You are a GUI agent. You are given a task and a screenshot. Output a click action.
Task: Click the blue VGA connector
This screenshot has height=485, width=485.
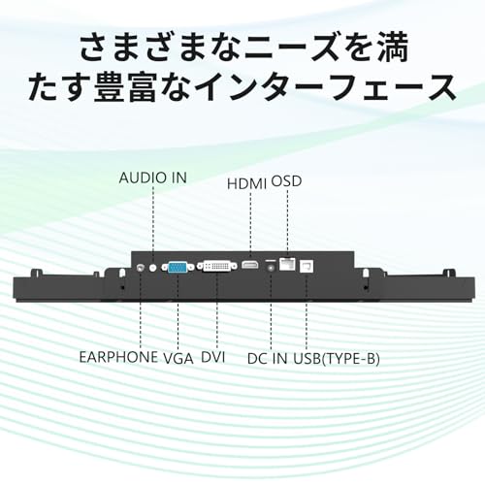(x=178, y=268)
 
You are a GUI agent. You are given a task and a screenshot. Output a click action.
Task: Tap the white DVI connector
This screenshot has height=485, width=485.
(x=217, y=267)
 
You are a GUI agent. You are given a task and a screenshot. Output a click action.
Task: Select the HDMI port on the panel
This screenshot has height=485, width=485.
(x=250, y=265)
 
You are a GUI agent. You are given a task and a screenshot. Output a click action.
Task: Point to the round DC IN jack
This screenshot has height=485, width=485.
(x=271, y=267)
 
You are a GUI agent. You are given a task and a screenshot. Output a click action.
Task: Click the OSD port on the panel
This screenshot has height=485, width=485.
(x=287, y=264)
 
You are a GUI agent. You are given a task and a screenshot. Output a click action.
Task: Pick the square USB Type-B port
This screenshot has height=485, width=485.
(x=307, y=266)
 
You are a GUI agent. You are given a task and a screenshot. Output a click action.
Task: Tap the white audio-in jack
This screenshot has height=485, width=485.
(x=153, y=268)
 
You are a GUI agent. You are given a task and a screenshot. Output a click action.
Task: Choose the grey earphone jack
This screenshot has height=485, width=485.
(x=141, y=268)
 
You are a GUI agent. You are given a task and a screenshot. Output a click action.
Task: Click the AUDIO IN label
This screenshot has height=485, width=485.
(x=153, y=178)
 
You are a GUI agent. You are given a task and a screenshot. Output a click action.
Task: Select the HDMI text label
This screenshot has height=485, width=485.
(x=246, y=184)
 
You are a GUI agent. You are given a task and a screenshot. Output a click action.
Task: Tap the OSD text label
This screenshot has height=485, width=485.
(x=286, y=181)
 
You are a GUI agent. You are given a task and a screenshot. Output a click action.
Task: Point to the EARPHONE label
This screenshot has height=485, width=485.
(x=118, y=357)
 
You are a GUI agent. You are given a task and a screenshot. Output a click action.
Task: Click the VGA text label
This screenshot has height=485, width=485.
(x=178, y=359)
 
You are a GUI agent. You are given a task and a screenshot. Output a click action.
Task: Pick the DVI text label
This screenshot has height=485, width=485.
(x=212, y=357)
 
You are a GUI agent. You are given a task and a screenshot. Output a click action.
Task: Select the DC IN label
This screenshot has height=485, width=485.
(x=267, y=359)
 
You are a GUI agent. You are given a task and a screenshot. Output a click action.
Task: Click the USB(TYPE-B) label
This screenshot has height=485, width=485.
(x=337, y=359)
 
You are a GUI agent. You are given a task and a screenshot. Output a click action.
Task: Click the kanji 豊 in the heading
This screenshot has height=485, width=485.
(x=110, y=87)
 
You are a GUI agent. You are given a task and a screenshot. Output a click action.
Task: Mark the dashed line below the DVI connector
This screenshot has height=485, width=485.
(x=217, y=310)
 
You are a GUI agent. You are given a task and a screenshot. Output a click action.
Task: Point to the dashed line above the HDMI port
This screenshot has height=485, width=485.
(x=250, y=227)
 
